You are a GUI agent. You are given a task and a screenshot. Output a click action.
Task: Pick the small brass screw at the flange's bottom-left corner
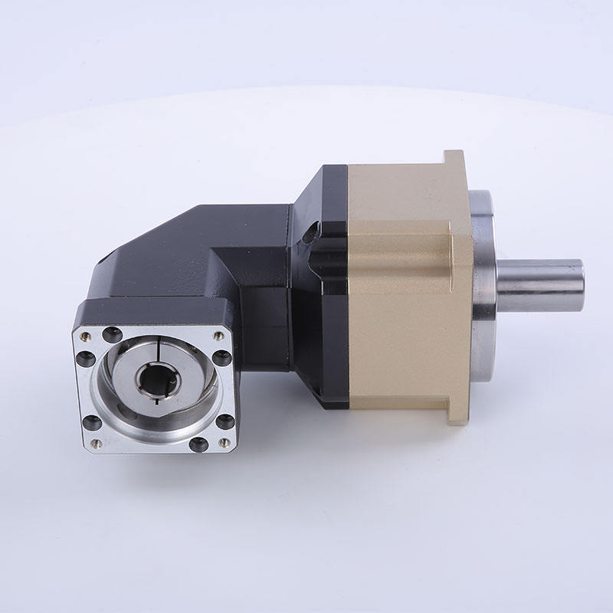[x=96, y=444]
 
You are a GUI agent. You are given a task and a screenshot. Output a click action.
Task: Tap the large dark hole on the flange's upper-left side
[x=86, y=359]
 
